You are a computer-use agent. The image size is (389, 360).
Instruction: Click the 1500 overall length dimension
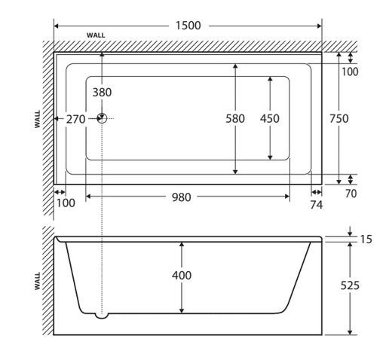pyautogui.click(x=188, y=26)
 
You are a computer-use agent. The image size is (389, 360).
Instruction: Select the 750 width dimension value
pyautogui.click(x=339, y=118)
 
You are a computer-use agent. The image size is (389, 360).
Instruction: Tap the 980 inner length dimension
pyautogui.click(x=182, y=197)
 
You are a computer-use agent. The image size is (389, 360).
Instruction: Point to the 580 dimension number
pyautogui.click(x=235, y=118)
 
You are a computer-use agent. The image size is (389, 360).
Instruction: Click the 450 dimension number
pyautogui.click(x=269, y=118)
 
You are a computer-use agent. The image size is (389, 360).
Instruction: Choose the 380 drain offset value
pyautogui.click(x=102, y=93)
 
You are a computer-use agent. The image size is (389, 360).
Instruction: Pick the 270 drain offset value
pyautogui.click(x=75, y=119)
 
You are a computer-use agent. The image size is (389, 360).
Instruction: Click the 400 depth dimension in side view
pyautogui.click(x=182, y=276)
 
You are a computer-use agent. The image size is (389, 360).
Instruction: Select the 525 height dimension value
pyautogui.click(x=350, y=285)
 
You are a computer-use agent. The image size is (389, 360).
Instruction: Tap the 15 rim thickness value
pyautogui.click(x=366, y=239)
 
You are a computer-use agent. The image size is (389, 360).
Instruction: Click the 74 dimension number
pyautogui.click(x=316, y=205)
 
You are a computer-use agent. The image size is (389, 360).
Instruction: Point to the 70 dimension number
pyautogui.click(x=351, y=194)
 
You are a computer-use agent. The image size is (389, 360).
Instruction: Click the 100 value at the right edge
pyautogui.click(x=350, y=72)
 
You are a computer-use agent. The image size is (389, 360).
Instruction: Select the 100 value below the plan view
pyautogui.click(x=66, y=203)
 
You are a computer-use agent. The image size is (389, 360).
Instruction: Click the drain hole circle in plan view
pyautogui.click(x=102, y=118)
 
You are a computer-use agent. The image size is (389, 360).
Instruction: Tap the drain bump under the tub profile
pyautogui.click(x=102, y=316)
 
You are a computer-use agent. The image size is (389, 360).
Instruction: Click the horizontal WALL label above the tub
pyautogui.click(x=96, y=35)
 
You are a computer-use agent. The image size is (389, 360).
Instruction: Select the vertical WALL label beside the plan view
pyautogui.click(x=38, y=119)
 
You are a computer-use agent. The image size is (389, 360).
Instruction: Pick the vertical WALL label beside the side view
pyautogui.click(x=38, y=281)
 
